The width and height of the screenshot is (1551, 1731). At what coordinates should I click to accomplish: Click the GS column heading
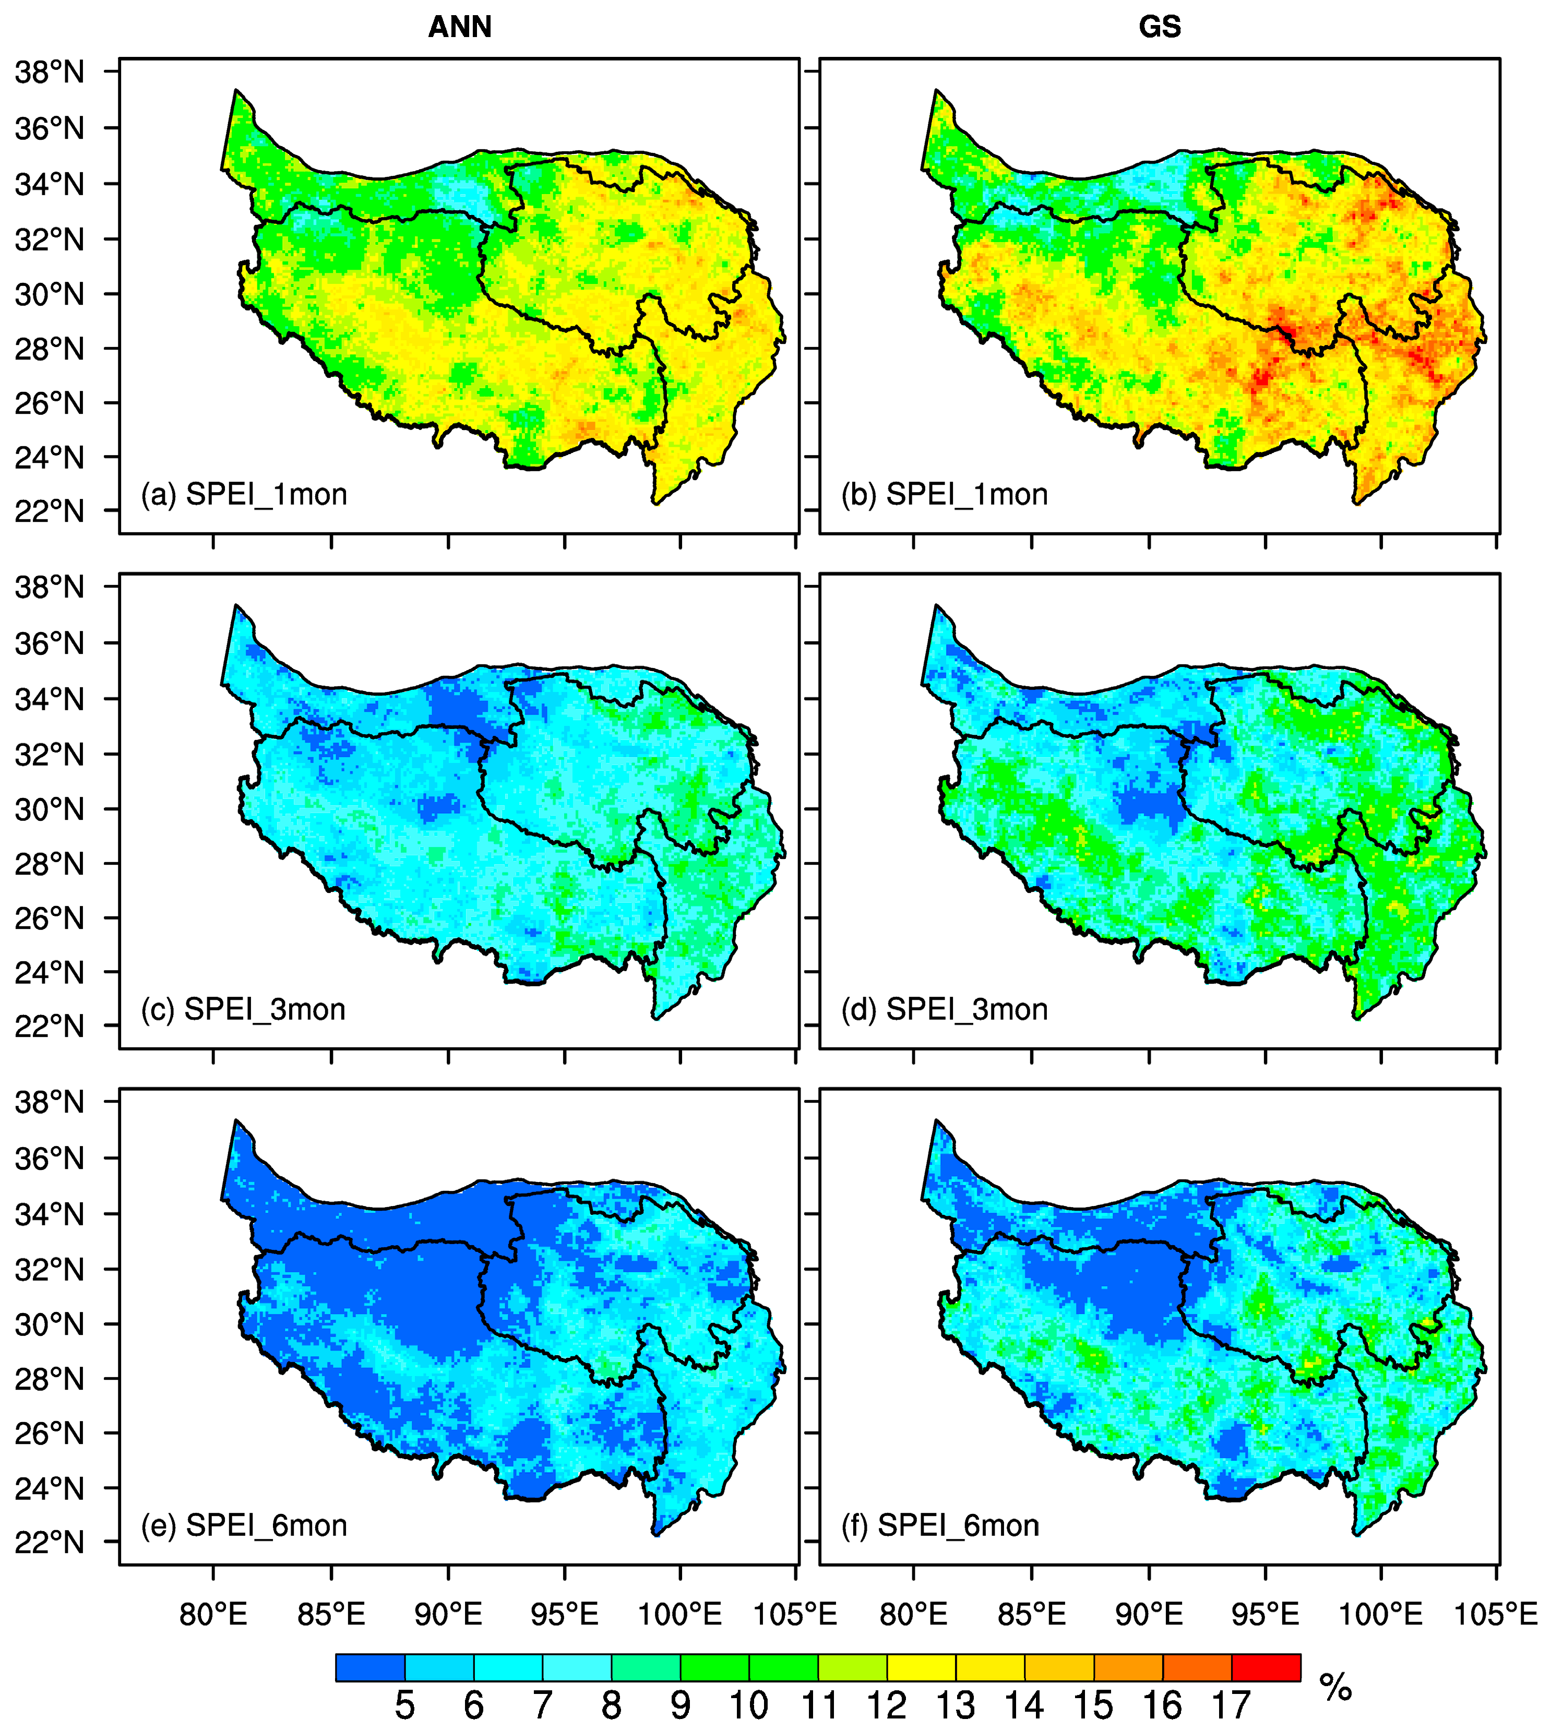(1159, 27)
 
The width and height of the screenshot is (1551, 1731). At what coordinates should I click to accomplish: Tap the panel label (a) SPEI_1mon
(244, 494)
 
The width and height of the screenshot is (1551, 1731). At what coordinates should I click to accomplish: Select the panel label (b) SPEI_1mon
(944, 494)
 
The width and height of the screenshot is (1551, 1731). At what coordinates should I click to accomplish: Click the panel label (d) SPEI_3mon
(944, 1009)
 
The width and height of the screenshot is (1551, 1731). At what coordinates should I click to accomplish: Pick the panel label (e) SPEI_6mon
(244, 1525)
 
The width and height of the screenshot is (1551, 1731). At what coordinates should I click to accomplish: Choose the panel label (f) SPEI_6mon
(940, 1525)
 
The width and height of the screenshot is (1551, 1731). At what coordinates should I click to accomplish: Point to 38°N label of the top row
(50, 73)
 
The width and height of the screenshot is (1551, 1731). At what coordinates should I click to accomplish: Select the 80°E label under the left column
(213, 1614)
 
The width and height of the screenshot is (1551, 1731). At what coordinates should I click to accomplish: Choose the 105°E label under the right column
(1496, 1614)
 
